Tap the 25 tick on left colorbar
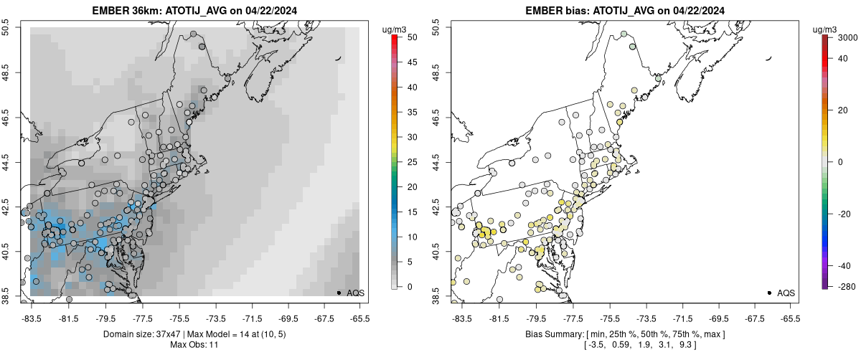[x=407, y=161]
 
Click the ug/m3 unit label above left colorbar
[x=395, y=29]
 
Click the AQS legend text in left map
[x=355, y=293]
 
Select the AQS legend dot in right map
[x=769, y=293]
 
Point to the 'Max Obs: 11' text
[x=194, y=345]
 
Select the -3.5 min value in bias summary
[x=595, y=346]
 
